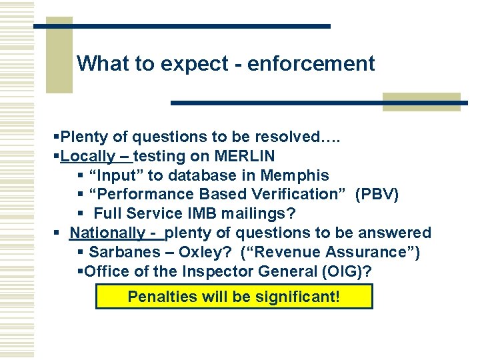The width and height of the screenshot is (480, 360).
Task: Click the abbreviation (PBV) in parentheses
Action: tap(377, 195)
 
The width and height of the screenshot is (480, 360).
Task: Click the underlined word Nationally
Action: tap(107, 233)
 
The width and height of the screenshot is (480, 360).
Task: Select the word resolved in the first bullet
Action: tap(284, 137)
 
